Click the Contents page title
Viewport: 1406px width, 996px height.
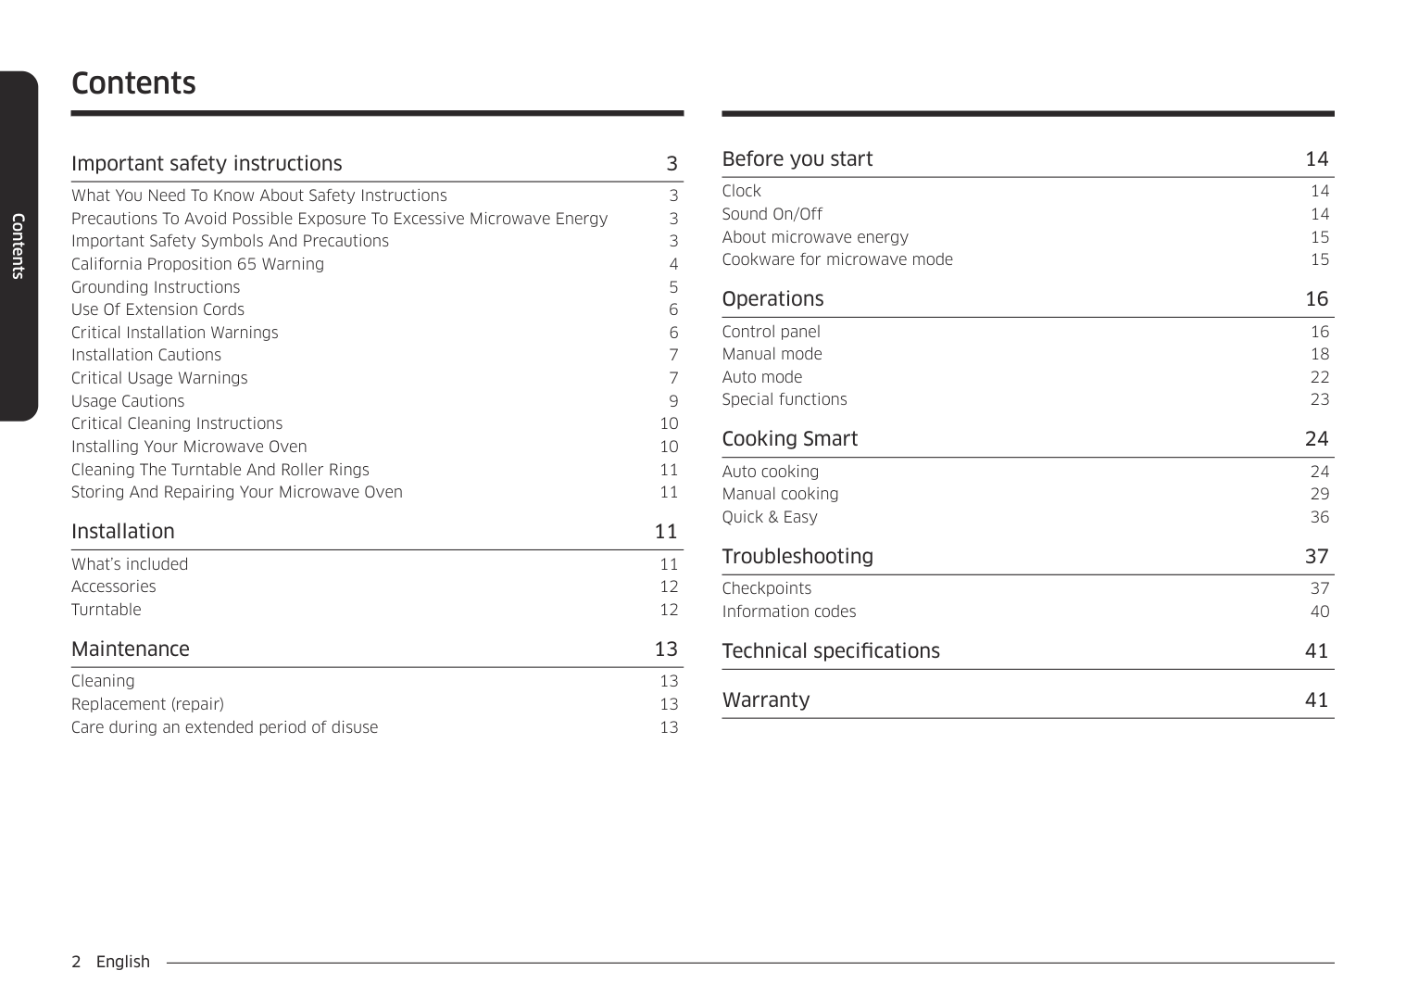tap(133, 83)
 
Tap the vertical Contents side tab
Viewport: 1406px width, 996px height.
tap(18, 246)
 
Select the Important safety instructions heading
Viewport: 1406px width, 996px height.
tap(207, 164)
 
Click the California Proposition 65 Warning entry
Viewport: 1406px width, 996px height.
tap(197, 264)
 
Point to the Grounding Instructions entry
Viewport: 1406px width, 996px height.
tap(156, 287)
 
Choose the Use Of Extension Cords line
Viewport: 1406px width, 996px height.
tap(157, 309)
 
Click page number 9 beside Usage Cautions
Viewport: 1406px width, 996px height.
tap(673, 401)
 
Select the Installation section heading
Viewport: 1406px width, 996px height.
tap(123, 532)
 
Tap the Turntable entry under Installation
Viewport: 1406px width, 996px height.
tap(107, 610)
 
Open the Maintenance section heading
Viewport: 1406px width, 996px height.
tap(131, 649)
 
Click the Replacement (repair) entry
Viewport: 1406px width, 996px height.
tap(147, 704)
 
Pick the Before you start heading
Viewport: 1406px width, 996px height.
tap(797, 159)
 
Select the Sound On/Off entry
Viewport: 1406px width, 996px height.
tap(772, 214)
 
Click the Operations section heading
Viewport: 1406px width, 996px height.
tap(772, 299)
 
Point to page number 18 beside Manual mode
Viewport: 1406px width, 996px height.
tap(1320, 354)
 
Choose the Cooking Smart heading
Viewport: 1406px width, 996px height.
tap(789, 439)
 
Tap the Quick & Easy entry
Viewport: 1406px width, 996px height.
tap(770, 517)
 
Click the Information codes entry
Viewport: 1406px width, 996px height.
tap(788, 611)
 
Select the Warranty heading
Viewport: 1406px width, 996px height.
tap(765, 700)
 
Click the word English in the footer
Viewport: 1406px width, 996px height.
tap(123, 962)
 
